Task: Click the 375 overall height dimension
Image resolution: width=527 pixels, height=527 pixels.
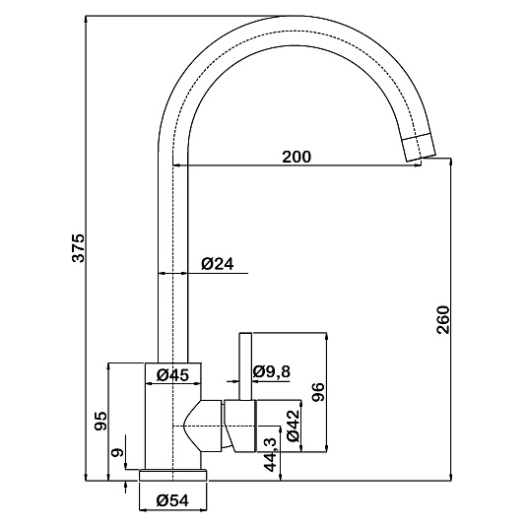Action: click(80, 247)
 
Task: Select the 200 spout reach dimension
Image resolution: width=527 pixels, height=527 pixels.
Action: click(296, 157)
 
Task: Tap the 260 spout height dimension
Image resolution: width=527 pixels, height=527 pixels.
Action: click(442, 319)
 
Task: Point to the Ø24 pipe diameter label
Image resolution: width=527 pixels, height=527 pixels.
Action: click(217, 264)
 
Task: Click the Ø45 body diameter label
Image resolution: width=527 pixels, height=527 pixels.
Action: click(172, 374)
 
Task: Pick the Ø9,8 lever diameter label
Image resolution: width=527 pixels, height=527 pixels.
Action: click(272, 371)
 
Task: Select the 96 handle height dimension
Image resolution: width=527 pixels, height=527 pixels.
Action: click(318, 392)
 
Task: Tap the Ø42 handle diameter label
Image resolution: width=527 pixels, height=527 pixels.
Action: click(293, 426)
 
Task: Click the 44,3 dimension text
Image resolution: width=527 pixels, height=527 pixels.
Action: click(270, 455)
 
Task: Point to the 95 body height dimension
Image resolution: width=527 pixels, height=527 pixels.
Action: click(100, 421)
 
